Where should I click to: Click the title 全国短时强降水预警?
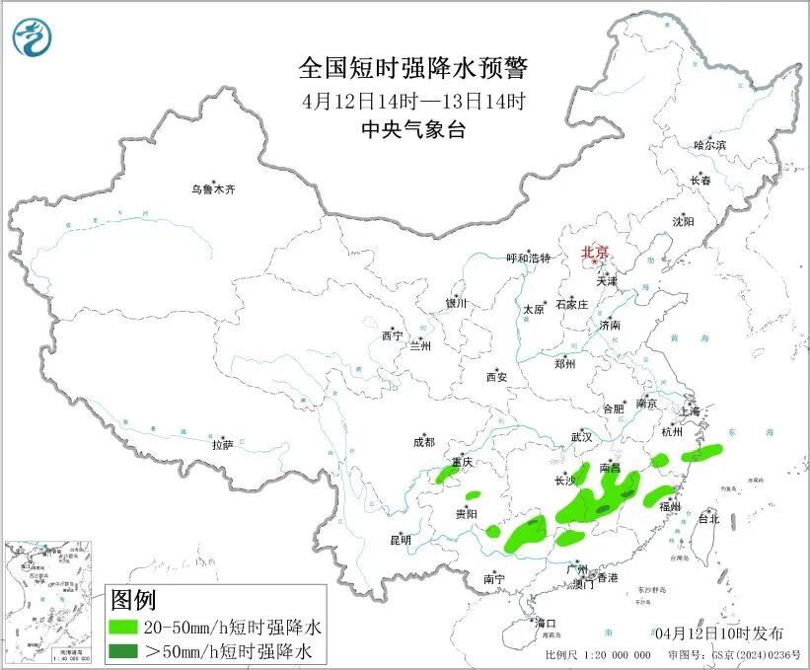(x=413, y=68)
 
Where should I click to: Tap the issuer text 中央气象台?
(x=413, y=129)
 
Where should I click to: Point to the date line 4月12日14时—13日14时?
(x=413, y=100)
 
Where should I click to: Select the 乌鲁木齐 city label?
(x=214, y=188)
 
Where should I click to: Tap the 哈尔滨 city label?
(x=708, y=145)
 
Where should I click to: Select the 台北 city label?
(x=708, y=518)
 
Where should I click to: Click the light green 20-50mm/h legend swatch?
(x=123, y=627)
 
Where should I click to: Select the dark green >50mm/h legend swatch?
(x=123, y=650)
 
